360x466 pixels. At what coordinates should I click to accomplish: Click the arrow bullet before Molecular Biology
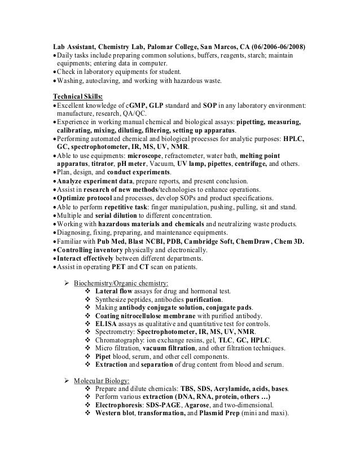64,381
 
